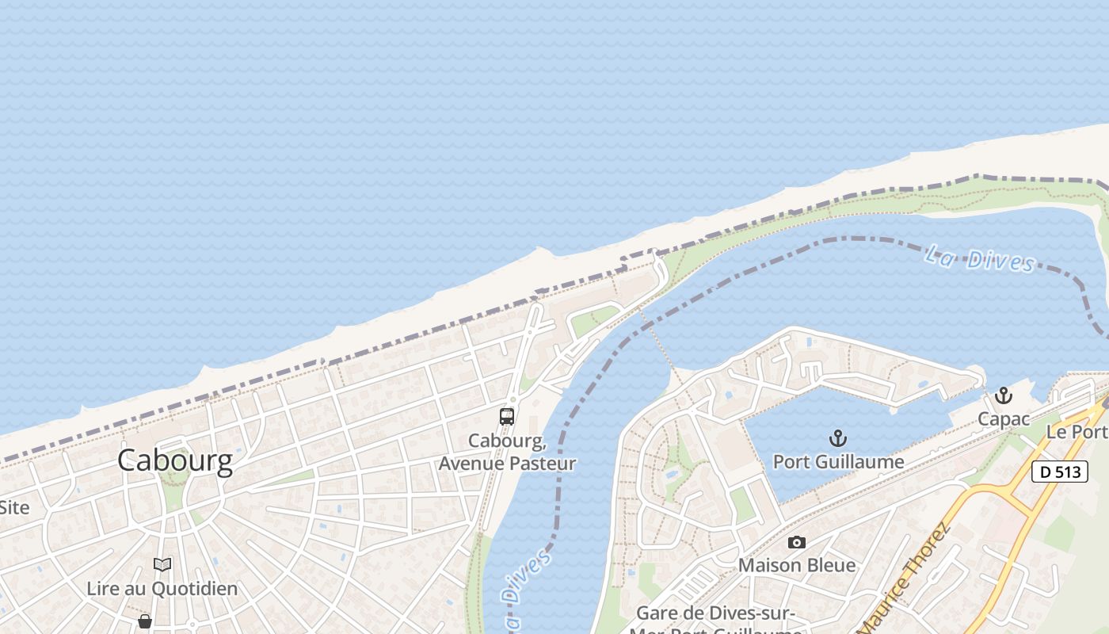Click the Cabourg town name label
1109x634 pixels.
click(175, 460)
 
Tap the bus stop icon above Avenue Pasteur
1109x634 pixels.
click(507, 416)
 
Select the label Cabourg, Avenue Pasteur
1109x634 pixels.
click(507, 452)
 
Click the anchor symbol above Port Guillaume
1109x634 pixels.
click(837, 437)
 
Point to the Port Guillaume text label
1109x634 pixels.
click(838, 461)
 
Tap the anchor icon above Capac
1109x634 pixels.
click(1004, 395)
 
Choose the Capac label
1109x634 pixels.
click(1004, 418)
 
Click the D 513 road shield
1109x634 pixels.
click(1059, 472)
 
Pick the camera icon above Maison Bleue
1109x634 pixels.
click(797, 542)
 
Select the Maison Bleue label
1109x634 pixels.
click(797, 565)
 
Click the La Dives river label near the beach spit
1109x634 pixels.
click(980, 259)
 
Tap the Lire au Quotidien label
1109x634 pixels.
click(162, 588)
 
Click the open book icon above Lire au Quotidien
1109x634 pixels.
click(162, 564)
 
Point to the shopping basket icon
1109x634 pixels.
click(145, 621)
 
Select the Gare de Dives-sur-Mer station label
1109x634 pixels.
click(715, 614)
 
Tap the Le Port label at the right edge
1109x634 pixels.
click(1077, 432)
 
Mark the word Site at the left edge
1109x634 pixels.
click(13, 507)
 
